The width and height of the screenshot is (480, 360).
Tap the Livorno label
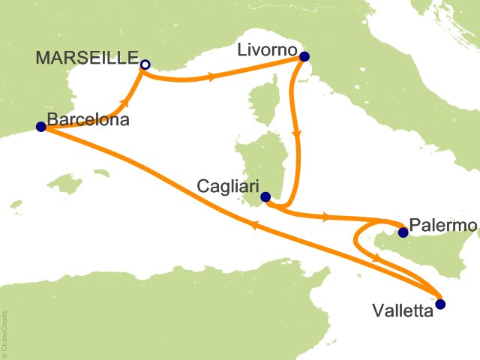[x=266, y=52]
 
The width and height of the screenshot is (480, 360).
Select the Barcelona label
[x=88, y=119]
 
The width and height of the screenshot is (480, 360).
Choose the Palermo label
[x=444, y=226]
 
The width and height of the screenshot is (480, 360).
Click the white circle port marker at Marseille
[x=145, y=64]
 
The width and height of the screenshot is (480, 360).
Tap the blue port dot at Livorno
[x=304, y=55]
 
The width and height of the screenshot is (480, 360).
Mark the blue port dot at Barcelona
[x=40, y=127]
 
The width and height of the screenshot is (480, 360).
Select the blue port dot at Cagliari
[x=265, y=197]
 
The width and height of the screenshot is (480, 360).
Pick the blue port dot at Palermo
[x=402, y=232]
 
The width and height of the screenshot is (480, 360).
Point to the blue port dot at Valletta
[x=439, y=304]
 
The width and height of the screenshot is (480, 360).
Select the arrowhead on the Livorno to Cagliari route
[x=299, y=135]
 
